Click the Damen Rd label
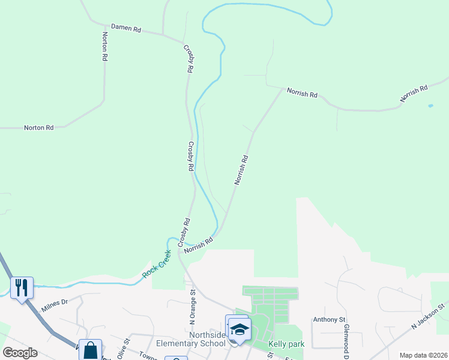[125, 28]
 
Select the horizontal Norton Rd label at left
[38, 128]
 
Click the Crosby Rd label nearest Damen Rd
[188, 58]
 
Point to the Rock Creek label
[157, 264]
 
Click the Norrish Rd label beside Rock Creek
[199, 245]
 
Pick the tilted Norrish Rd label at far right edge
[415, 94]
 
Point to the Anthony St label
[330, 320]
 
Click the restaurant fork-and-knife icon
[22, 287]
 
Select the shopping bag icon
[90, 350]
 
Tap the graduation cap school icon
[240, 329]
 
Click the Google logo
[20, 353]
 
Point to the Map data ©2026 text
[423, 355]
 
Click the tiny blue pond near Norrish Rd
[430, 106]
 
